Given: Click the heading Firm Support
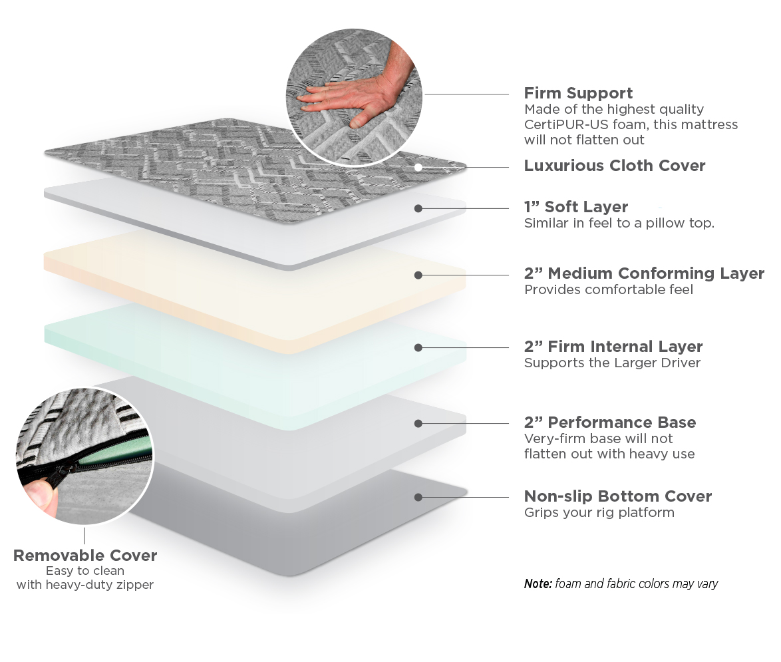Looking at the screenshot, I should (x=578, y=93).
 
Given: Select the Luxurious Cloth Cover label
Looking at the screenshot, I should (x=614, y=166).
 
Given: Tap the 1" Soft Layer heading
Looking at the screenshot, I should (x=575, y=207).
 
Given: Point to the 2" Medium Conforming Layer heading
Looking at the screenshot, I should (x=644, y=273).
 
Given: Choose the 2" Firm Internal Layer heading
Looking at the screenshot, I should (x=613, y=347).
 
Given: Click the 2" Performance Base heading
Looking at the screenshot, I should (x=609, y=422).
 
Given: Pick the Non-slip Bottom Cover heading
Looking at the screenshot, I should (x=617, y=496).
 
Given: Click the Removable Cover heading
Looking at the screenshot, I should (x=85, y=556).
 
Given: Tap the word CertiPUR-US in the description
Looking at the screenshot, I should (x=557, y=124).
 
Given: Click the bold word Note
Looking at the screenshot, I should (x=538, y=583).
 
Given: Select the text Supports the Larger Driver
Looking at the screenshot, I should (x=612, y=363).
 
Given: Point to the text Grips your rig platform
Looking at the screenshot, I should (x=599, y=512).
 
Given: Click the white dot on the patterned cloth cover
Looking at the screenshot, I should (x=418, y=167).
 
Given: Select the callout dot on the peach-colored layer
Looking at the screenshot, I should (x=418, y=275).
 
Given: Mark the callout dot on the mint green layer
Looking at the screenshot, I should (x=418, y=347).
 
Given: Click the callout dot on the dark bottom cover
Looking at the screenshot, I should (x=418, y=497).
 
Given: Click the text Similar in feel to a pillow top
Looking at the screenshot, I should (x=619, y=223).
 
